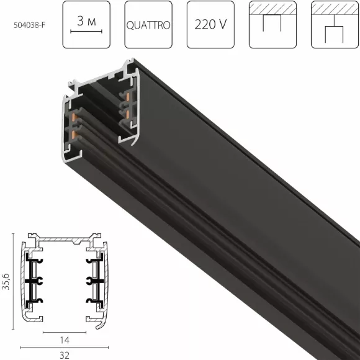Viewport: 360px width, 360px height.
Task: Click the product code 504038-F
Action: [x=29, y=25]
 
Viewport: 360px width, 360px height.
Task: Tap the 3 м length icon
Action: [x=86, y=25]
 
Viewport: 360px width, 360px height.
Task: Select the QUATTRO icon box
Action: [x=148, y=25]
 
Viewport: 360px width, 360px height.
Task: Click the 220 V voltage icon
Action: [x=210, y=25]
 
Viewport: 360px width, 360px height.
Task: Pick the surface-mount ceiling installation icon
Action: [x=272, y=25]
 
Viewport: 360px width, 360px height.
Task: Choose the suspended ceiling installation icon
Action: [x=335, y=25]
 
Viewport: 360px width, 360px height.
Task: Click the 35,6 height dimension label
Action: [x=6, y=281]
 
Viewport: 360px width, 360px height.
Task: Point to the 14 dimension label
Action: [x=65, y=340]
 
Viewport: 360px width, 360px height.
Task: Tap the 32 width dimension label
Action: [x=65, y=355]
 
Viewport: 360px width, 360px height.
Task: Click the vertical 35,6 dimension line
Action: [x=13, y=281]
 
